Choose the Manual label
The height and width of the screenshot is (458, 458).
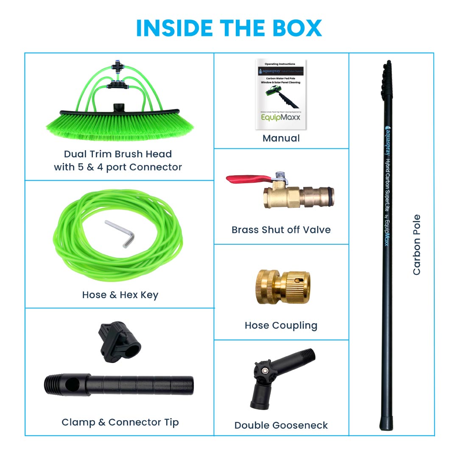[281, 138]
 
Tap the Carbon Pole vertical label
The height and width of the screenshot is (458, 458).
[416, 245]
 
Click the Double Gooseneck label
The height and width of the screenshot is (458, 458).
[281, 425]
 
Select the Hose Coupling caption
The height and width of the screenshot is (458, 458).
[281, 326]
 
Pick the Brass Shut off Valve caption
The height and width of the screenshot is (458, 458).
[281, 230]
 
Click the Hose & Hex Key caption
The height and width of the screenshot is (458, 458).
[120, 295]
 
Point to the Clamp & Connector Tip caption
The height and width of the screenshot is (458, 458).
[120, 422]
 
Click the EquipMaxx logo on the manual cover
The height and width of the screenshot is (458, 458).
[281, 116]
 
